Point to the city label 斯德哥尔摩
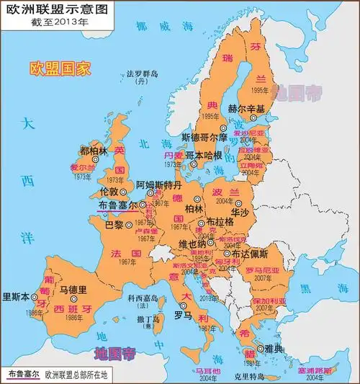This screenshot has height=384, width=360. (204, 137)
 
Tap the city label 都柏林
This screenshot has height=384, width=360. (94, 151)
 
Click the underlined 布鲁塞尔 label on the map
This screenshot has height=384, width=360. (116, 205)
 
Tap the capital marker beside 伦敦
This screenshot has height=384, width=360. (124, 192)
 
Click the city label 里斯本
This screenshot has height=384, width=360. (17, 296)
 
